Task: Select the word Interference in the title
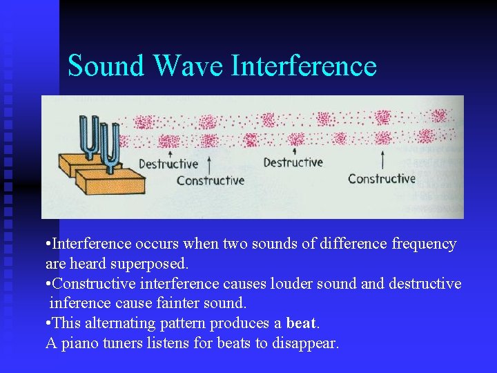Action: [304, 66]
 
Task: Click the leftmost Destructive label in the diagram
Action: [168, 164]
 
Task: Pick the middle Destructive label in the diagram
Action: [293, 163]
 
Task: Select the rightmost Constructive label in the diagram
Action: [382, 179]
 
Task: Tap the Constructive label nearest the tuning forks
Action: [211, 180]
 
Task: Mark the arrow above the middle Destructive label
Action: [295, 152]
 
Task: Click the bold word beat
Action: [302, 323]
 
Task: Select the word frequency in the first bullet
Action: [423, 244]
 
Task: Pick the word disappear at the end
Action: [305, 343]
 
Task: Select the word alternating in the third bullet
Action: [119, 323]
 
